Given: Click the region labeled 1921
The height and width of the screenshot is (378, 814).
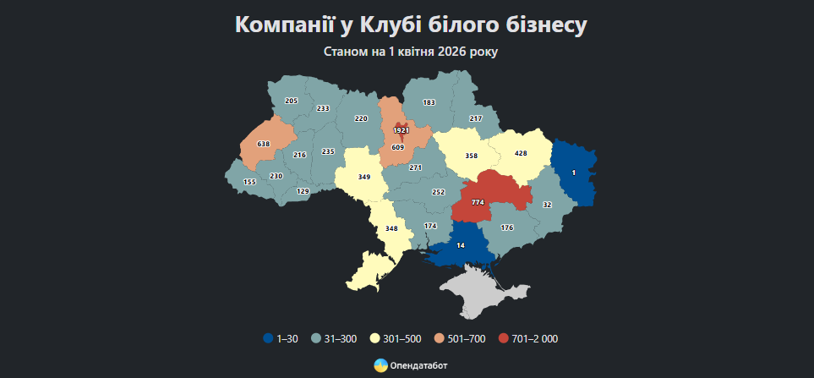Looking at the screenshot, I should (401, 130).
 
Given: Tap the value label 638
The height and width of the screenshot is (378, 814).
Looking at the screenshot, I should (264, 145).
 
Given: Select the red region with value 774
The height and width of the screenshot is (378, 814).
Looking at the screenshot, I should (478, 202).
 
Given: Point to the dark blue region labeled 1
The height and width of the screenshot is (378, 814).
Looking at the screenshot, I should (574, 173).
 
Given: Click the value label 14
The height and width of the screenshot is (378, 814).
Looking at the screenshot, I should (461, 245).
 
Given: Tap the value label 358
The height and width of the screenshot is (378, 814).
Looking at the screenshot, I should (472, 156).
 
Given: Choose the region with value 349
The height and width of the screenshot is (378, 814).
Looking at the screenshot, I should (364, 177).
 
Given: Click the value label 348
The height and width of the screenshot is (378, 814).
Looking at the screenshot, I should (391, 228).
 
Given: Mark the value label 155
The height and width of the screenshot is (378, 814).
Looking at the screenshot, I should (249, 183).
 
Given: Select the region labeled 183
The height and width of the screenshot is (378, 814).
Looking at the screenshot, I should (429, 102).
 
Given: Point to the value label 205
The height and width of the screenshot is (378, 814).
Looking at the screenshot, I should (292, 101).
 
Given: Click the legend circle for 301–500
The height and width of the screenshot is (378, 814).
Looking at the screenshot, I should (374, 339).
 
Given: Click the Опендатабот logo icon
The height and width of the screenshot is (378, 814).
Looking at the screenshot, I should (380, 365).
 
